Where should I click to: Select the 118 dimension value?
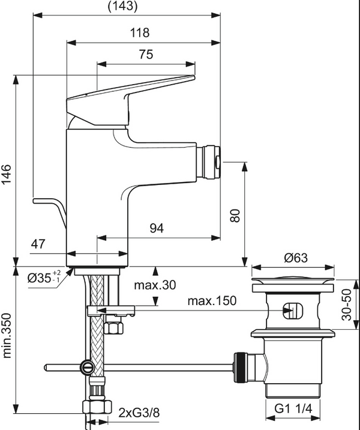point(142,32)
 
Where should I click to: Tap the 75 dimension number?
point(146,54)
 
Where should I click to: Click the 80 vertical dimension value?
point(235,214)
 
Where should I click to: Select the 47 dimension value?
point(38,244)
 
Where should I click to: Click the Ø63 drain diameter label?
point(296,258)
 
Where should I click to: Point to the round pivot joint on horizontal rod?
point(88,366)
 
